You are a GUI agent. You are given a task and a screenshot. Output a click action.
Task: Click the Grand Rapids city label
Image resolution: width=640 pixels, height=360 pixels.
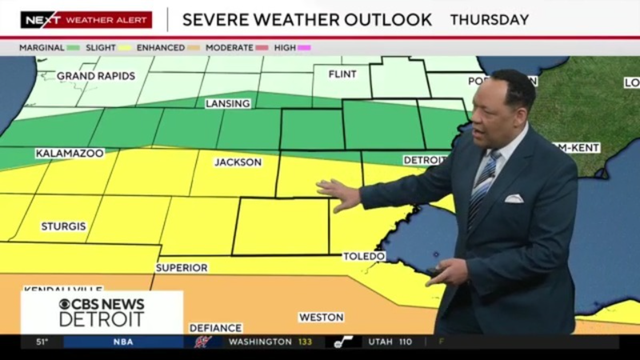coord(96,76)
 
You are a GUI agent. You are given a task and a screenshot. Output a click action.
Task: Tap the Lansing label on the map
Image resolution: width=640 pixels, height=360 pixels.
coord(227,104)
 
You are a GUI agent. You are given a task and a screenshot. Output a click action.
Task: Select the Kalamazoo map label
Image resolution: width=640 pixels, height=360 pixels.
coord(69,153)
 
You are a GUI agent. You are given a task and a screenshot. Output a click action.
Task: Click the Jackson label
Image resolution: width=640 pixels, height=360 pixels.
coord(238,162)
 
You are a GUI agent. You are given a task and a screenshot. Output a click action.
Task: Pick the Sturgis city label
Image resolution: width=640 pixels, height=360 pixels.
coord(63,227)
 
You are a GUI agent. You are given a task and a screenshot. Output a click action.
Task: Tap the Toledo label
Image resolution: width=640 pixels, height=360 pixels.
coord(364,257)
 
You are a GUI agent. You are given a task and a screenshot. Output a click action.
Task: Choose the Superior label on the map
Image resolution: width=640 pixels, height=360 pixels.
coord(181,268)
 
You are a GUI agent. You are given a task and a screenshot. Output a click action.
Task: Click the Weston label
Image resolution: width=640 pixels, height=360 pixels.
coord(321,317)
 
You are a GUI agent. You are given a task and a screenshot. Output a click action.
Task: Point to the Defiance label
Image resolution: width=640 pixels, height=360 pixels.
coord(215,328)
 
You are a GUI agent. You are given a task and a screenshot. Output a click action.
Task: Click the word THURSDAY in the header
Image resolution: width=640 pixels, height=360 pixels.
coord(490,19)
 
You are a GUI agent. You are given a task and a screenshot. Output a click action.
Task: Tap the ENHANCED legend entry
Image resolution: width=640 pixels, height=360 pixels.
coord(160,47)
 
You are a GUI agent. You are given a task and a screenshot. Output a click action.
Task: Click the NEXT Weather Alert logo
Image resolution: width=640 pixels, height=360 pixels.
coord(85,19)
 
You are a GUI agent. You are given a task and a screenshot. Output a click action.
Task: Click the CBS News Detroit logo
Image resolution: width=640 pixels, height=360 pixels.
coord(101,311)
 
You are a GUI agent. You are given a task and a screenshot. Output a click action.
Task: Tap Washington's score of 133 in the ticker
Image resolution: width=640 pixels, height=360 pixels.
coord(304,342)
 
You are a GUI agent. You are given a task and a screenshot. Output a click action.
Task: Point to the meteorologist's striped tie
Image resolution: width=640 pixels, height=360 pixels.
coord(484,186)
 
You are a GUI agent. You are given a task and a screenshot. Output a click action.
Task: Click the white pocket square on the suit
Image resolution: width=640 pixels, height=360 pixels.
coord(513,198)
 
